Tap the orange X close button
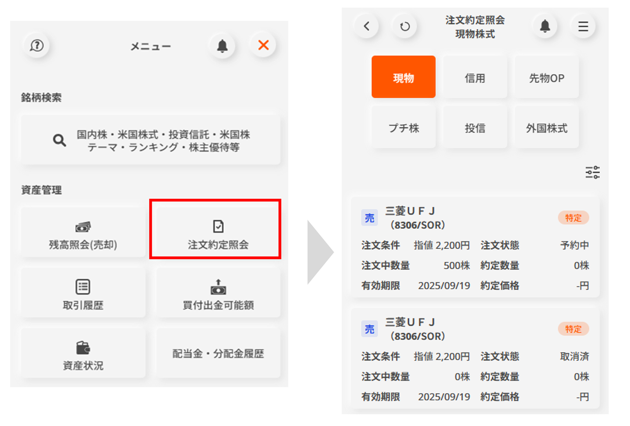point(263,45)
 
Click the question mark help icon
point(37,45)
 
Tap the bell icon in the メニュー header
point(222,46)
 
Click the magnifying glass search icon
point(59,140)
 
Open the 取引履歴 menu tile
point(83,292)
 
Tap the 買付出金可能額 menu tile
point(218,292)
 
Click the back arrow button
point(367,26)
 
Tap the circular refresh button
point(405,26)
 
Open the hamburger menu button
point(583,26)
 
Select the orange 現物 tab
point(403,77)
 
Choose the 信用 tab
point(475,77)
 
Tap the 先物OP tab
point(546,77)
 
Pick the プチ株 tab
point(403,127)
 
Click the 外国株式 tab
point(546,127)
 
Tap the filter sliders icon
point(592,172)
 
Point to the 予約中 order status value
point(574,245)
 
